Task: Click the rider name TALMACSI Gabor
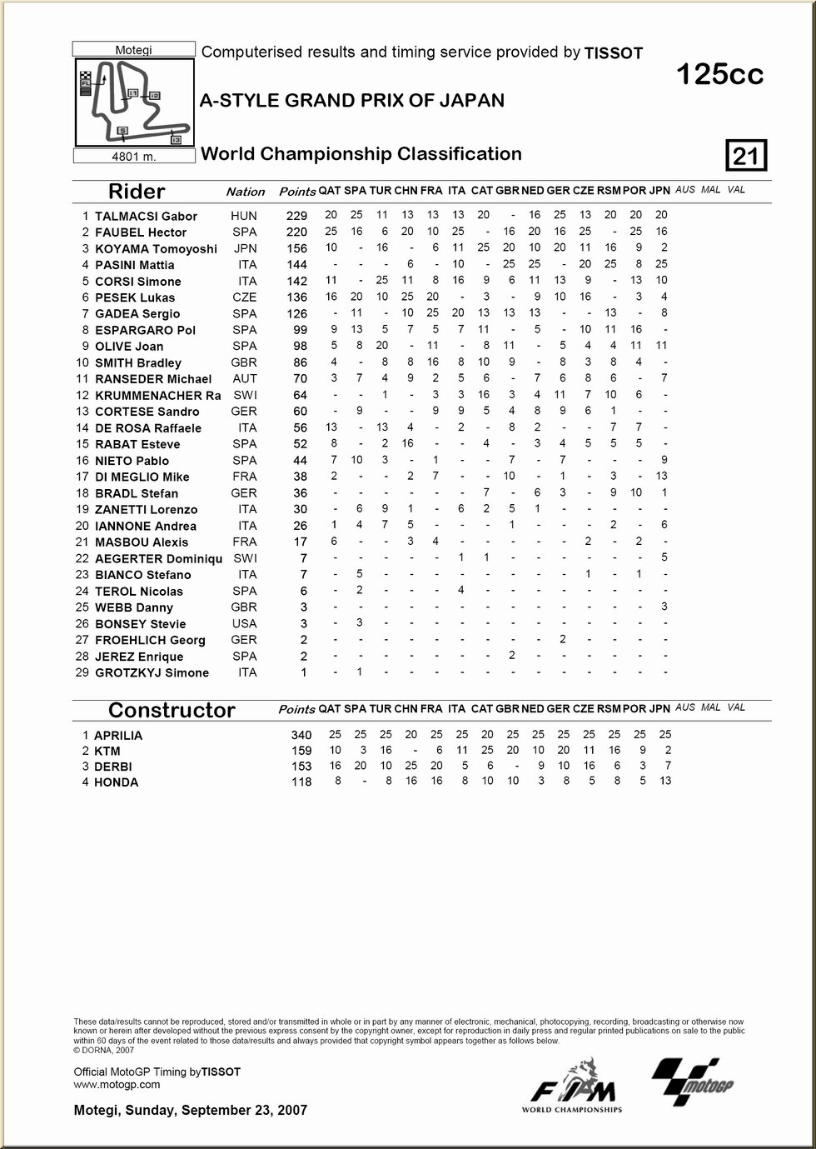(146, 216)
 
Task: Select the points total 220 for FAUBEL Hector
(296, 232)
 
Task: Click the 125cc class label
(719, 75)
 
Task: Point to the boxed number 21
(746, 156)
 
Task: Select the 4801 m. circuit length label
(134, 157)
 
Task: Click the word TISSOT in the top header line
(614, 53)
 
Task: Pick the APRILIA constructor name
(118, 736)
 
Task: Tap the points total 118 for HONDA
(301, 782)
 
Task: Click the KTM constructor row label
(107, 751)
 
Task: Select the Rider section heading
(137, 192)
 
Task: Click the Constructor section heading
(172, 710)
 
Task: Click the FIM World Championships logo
(573, 1087)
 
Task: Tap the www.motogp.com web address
(117, 1084)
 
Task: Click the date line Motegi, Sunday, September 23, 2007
(190, 1110)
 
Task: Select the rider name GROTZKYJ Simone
(152, 673)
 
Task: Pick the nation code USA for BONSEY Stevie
(244, 623)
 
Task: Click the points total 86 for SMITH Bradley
(300, 363)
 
